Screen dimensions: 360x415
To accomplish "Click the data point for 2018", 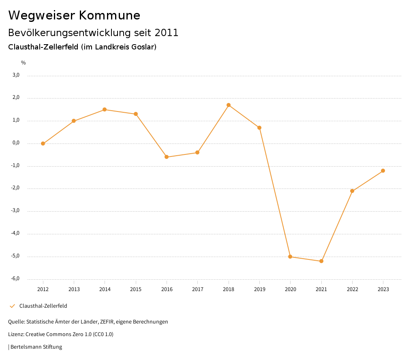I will click(229, 105).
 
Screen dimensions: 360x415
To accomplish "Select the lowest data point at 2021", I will click(321, 261).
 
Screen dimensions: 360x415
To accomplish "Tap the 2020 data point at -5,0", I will click(290, 257).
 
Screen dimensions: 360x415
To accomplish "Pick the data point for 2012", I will click(43, 144).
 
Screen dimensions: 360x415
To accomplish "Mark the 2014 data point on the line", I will click(105, 109).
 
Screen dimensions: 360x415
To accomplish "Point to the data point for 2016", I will click(167, 157).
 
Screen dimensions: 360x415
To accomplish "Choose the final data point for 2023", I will click(383, 171).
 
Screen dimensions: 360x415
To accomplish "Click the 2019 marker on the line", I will click(259, 128).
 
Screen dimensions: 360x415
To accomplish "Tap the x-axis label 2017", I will click(197, 289).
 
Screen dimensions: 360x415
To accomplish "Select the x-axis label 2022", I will click(352, 289).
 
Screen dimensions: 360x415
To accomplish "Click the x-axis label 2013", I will click(74, 289).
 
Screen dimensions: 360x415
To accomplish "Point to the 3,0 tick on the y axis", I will click(16, 75).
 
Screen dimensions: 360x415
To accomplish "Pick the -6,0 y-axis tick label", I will click(15, 279).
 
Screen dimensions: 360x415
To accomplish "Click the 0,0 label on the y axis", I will click(16, 143).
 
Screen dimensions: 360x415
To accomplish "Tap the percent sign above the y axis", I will click(24, 63).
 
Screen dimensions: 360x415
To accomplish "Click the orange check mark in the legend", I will click(12, 306).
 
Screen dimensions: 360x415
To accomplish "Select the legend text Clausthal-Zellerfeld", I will click(43, 306).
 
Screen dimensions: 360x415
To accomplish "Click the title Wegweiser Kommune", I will click(74, 15).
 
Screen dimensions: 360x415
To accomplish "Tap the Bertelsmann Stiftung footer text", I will click(36, 347).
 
